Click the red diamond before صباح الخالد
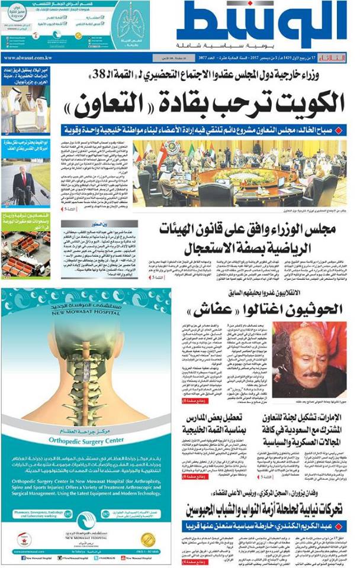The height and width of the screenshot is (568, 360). point(338,130)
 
